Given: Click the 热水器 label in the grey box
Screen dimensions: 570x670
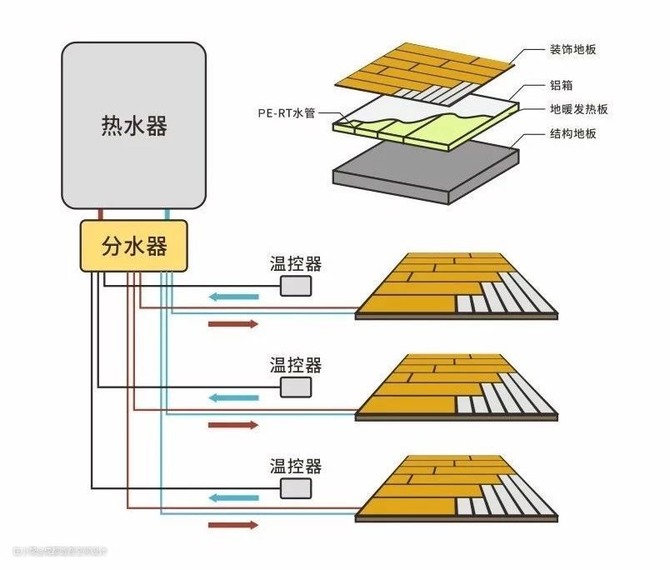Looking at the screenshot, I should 134,126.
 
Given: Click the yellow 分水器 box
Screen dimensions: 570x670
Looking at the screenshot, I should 134,246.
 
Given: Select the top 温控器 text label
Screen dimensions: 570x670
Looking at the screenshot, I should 295,265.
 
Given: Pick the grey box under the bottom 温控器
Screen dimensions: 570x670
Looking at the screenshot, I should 295,487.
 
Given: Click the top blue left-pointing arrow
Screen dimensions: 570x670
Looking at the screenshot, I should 233,296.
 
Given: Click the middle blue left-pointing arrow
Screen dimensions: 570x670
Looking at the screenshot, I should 233,397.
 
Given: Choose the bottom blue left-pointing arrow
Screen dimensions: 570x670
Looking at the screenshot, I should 233,498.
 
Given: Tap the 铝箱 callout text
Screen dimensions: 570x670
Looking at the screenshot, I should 561,85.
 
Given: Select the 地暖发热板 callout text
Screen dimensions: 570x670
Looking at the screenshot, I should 578,109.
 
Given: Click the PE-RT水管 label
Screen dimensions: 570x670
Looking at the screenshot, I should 286,113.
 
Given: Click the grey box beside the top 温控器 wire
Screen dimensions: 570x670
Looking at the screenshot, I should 295,286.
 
